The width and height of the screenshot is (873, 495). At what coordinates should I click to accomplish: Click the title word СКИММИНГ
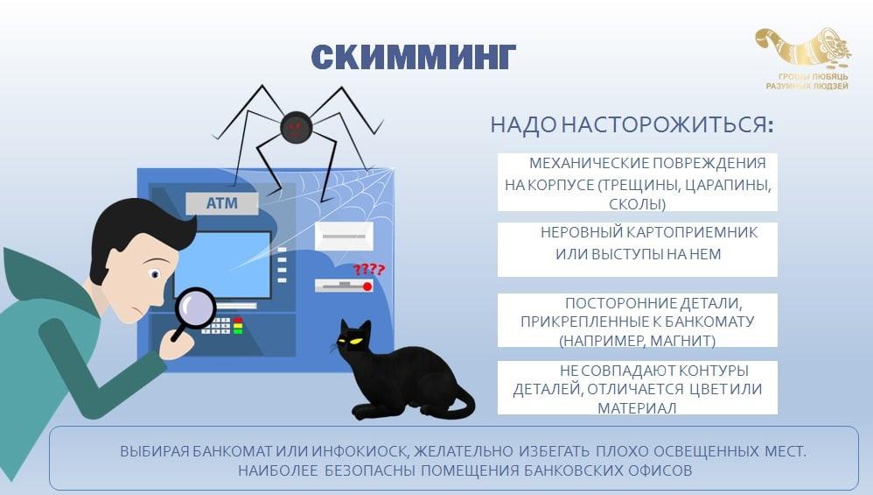(413, 58)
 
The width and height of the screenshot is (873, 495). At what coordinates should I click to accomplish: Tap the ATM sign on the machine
(221, 203)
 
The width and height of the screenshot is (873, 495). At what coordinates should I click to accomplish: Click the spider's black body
(296, 128)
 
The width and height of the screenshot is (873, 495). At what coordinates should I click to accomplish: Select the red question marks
(369, 270)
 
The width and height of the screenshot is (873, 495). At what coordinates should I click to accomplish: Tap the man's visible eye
(155, 273)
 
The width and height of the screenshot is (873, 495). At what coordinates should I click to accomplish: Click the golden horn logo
(804, 48)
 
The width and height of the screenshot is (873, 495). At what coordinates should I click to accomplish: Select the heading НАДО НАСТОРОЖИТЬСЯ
(632, 124)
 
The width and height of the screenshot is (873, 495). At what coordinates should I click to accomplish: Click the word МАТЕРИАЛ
(637, 408)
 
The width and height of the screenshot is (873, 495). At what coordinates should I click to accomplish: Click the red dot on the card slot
(367, 286)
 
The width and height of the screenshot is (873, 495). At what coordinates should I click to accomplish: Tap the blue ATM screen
(223, 265)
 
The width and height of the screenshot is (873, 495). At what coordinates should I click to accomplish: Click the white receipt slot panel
(344, 237)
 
